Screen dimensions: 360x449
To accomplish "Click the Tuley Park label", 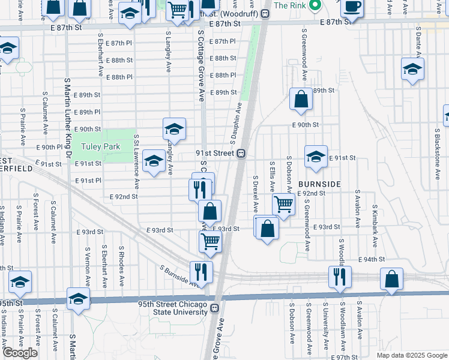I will click(102, 146).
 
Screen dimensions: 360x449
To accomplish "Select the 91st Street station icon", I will click(241, 153).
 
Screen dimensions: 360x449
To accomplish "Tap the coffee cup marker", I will click(352, 7).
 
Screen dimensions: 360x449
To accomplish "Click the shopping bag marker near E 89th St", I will click(301, 100).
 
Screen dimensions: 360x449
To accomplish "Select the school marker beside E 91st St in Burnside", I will click(316, 157).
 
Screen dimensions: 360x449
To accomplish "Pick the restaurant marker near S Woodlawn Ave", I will click(340, 277).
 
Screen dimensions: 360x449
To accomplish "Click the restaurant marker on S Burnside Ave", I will click(202, 272).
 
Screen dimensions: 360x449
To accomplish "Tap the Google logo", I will click(20, 353).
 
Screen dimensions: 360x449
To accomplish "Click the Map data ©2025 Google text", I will click(411, 355).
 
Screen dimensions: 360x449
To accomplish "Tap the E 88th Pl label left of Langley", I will click(120, 77).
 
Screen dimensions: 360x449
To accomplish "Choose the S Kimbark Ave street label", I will click(374, 213).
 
